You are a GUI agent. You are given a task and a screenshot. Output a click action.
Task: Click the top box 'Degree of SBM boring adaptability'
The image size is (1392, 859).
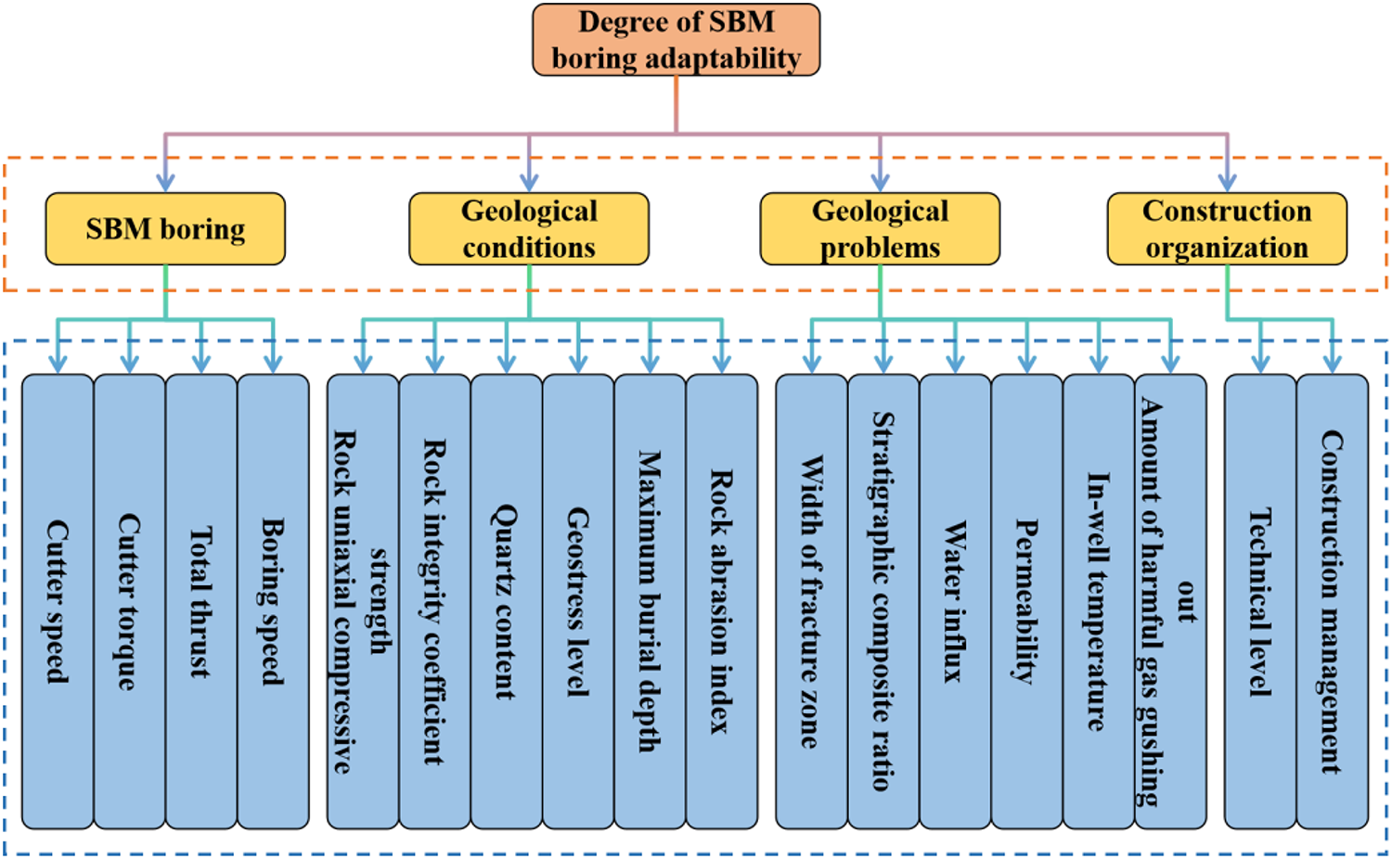click(676, 40)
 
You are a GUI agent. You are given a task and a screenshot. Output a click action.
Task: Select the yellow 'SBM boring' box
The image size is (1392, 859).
click(165, 229)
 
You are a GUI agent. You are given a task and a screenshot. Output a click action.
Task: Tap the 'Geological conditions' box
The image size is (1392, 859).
click(529, 229)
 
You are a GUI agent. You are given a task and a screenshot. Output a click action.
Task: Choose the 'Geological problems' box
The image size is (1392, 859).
click(880, 229)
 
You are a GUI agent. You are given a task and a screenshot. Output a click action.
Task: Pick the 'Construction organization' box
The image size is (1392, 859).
click(1227, 229)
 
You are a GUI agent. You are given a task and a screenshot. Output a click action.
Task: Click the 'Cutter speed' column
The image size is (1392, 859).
click(58, 601)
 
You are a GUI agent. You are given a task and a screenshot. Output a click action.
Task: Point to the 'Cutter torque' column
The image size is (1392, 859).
click(129, 601)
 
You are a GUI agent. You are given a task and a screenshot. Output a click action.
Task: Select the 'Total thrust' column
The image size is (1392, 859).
click(201, 601)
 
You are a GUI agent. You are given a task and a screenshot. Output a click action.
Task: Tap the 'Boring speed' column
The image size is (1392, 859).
click(273, 601)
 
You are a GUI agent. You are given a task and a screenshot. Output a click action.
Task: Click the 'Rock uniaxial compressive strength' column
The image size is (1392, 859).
click(363, 601)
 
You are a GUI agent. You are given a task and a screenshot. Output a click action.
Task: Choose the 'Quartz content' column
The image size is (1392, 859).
click(506, 601)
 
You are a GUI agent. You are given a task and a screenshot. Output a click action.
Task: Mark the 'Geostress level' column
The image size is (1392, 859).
click(578, 601)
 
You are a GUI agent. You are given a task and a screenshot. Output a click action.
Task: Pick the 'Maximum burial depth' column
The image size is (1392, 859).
click(650, 601)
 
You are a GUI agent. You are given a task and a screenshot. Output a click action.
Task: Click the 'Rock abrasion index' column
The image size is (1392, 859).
click(722, 601)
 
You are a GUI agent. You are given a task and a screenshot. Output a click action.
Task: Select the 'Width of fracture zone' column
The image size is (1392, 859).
click(811, 601)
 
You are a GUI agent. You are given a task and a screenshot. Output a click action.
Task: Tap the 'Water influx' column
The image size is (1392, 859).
click(955, 601)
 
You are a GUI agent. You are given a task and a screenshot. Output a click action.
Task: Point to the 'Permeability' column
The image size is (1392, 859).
click(1026, 601)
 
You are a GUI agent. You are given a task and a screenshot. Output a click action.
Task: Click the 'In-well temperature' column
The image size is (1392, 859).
click(1099, 601)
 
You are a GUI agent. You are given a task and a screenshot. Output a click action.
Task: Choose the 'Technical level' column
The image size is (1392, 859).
click(1260, 601)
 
